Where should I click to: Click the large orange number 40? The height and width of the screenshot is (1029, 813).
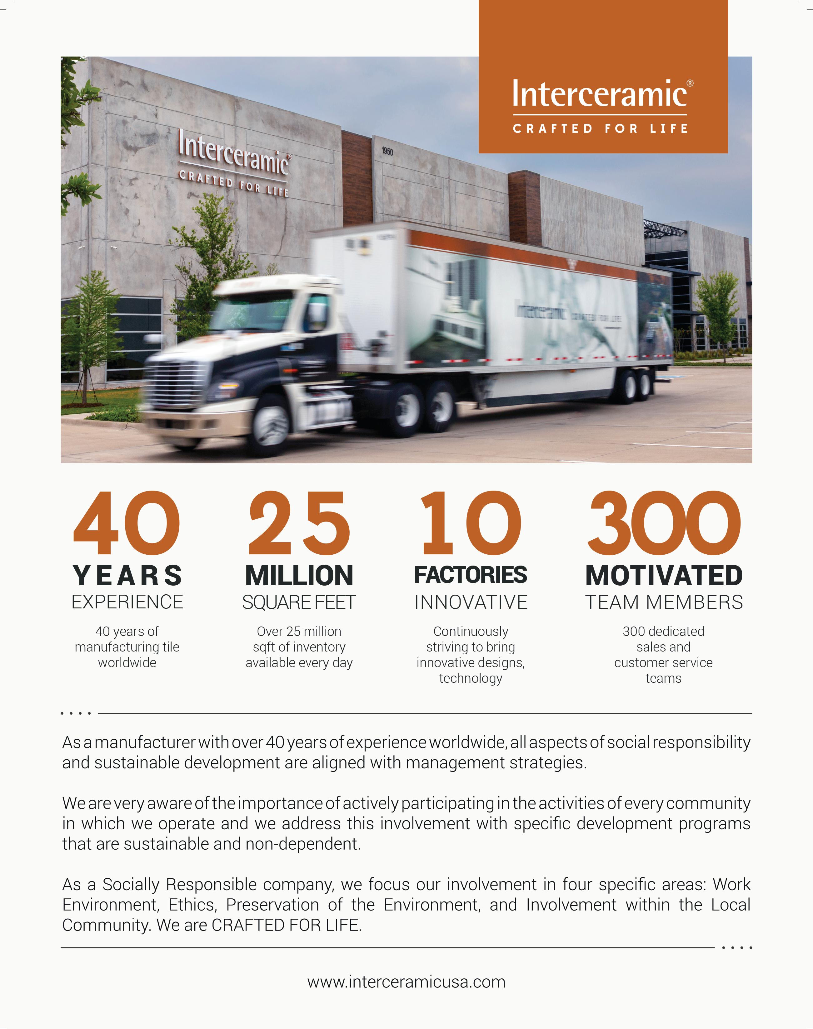(127, 523)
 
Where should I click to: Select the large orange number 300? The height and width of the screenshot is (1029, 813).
(664, 523)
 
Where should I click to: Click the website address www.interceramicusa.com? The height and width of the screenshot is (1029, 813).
(406, 982)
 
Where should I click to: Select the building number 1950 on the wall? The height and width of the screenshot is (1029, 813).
(387, 151)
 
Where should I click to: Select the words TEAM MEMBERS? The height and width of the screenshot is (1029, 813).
(664, 602)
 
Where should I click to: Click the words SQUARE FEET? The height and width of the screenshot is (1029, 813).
(299, 602)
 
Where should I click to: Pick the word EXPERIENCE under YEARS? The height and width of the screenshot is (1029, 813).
(127, 602)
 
